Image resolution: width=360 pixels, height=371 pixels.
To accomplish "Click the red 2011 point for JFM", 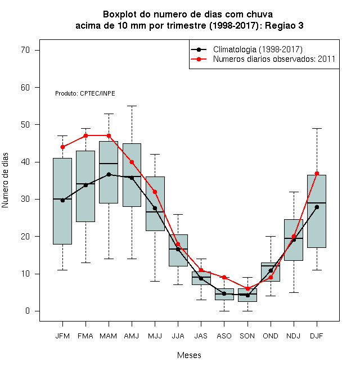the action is (x=62, y=147).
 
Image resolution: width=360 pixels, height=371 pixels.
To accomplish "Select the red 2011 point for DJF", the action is (x=317, y=173).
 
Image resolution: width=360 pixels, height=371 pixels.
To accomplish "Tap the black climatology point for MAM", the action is (x=109, y=174).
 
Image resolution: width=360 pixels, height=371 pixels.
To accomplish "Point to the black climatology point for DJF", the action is (x=317, y=207).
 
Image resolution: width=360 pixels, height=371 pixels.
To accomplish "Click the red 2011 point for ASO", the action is (x=224, y=277).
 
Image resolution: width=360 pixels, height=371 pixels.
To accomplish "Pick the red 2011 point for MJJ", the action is (x=155, y=192).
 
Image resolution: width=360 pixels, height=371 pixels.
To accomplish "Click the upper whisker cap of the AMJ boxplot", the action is (x=132, y=106).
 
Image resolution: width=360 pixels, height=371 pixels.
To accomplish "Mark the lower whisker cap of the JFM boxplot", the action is (x=62, y=270).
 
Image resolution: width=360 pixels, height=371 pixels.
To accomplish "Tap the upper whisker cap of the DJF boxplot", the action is (x=317, y=128).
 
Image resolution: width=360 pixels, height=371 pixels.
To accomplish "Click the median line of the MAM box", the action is (x=109, y=164).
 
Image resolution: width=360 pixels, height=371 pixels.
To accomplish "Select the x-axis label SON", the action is (x=247, y=336).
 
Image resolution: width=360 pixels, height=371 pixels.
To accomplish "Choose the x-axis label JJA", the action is (x=178, y=336).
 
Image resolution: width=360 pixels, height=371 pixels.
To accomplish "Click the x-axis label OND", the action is (x=270, y=336).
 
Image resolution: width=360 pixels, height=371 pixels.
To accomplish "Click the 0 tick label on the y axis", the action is (x=28, y=311).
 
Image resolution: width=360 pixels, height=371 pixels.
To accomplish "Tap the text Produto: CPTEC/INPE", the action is (x=85, y=93).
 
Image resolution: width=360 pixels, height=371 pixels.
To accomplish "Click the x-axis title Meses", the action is (x=189, y=355).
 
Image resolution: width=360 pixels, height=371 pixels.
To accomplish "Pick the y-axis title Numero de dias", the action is (x=5, y=180).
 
